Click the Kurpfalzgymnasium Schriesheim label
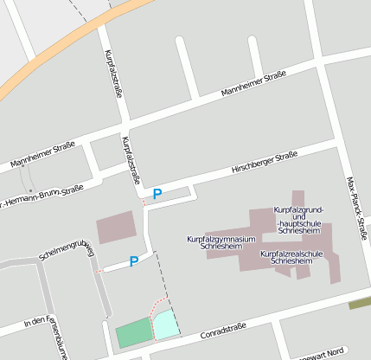(221, 242)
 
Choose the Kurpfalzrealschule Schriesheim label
(291, 257)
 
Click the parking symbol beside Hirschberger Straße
(157, 194)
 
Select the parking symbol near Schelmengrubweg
(134, 260)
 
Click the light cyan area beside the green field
(165, 325)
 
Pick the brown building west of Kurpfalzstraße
(116, 227)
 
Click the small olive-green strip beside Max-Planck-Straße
(359, 304)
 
